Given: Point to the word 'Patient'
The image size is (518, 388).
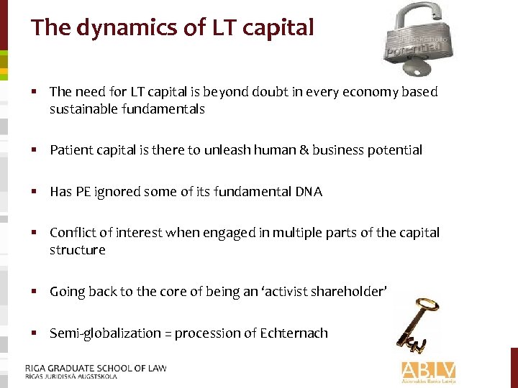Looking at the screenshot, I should coord(70,150).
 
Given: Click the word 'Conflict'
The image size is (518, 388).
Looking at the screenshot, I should coord(70,233).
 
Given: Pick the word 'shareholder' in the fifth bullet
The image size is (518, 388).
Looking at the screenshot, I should coord(350,292).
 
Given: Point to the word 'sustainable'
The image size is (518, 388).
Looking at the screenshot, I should coord(79,109).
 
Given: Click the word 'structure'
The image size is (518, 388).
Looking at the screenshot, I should coord(77,250).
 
